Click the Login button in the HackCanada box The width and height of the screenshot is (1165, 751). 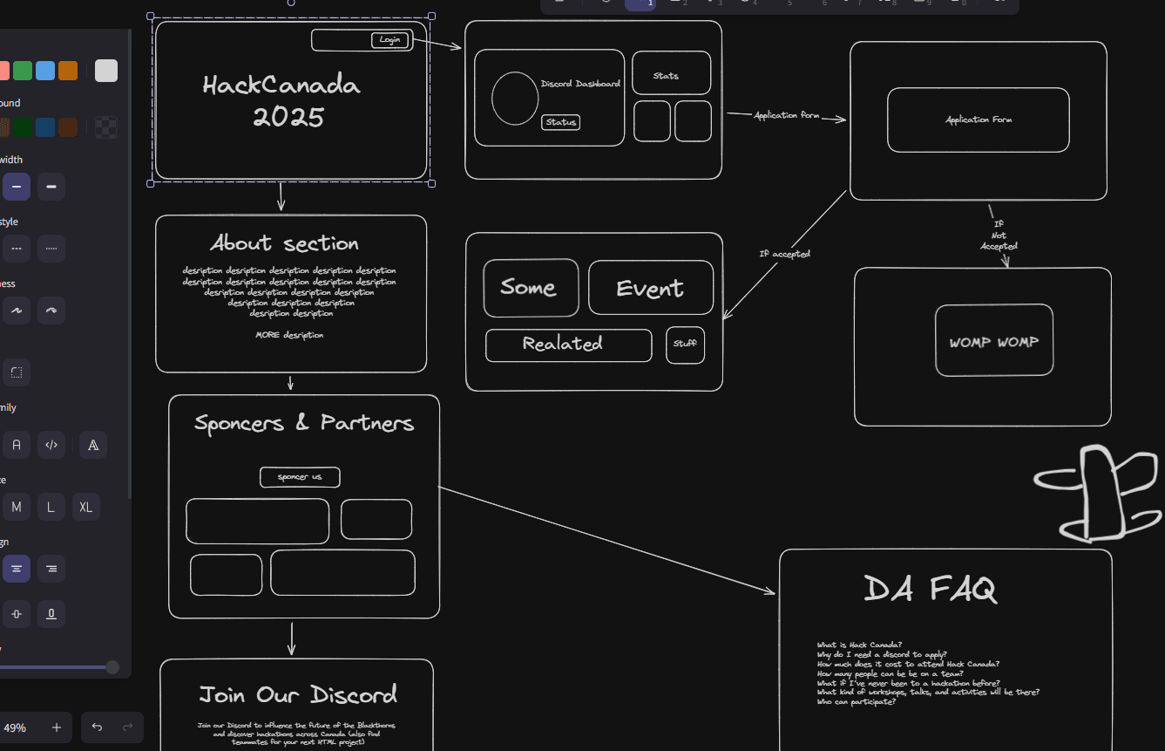coord(389,40)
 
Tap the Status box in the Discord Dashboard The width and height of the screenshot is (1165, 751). coord(560,122)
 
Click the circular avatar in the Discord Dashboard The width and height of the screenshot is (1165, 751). coord(515,98)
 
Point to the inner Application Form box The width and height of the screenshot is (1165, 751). coord(978,119)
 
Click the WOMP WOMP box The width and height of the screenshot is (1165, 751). coord(993,341)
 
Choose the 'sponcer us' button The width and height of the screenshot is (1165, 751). coord(300,477)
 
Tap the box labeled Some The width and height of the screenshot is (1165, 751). coord(531,288)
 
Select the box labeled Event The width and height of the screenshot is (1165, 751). coord(650,288)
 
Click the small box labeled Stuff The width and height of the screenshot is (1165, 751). coord(685,345)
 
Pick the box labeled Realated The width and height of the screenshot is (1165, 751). coord(568,345)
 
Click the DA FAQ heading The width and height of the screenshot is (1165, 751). coord(930,590)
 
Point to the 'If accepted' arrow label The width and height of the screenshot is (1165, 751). coord(784,254)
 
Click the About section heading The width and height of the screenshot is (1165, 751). coord(284,243)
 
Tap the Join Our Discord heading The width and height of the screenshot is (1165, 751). coord(298,694)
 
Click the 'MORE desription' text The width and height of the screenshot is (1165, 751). coord(289,335)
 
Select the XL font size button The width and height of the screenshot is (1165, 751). coord(85,507)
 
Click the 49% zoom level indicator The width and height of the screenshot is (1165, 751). coord(15,727)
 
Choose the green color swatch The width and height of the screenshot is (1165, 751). coord(23,71)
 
